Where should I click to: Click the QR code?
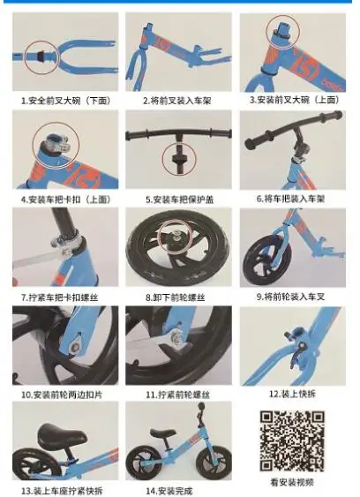[x=292, y=441]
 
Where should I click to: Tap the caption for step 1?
[x=66, y=101]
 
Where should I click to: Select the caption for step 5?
[x=180, y=200]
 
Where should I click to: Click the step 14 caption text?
[x=169, y=491]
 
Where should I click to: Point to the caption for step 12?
[x=292, y=394]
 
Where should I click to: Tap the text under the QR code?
[x=292, y=482]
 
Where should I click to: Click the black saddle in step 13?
[x=62, y=435]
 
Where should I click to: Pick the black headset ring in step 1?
[x=41, y=56]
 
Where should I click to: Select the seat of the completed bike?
[x=163, y=433]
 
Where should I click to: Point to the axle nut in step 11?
[x=176, y=337]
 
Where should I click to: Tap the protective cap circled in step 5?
[x=179, y=159]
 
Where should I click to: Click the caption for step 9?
[x=290, y=297]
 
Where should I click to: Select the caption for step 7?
[x=60, y=297]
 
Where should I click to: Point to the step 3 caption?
[x=294, y=100]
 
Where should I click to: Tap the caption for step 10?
[x=62, y=395]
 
